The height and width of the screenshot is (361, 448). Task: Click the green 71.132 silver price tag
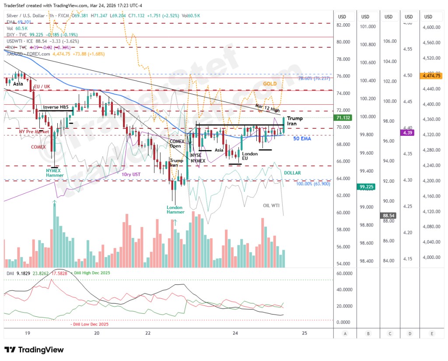tap(343, 118)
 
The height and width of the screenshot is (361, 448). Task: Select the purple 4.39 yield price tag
tap(408, 132)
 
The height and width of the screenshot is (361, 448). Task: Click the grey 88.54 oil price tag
tap(388, 216)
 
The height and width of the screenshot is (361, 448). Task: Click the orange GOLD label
tap(270, 84)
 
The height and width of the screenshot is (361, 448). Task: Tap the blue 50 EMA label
tap(302, 138)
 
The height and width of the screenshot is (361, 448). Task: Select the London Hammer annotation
tap(175, 209)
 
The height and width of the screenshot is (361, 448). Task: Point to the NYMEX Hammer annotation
tap(56, 172)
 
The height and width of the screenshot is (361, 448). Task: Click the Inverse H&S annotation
tap(56, 107)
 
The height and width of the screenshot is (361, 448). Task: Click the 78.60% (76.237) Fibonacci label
tap(314, 78)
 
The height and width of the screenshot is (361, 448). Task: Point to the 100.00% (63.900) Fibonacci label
tap(313, 184)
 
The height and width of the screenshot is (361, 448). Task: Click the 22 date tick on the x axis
tap(148, 333)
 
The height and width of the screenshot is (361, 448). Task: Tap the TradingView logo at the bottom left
tap(34, 350)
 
